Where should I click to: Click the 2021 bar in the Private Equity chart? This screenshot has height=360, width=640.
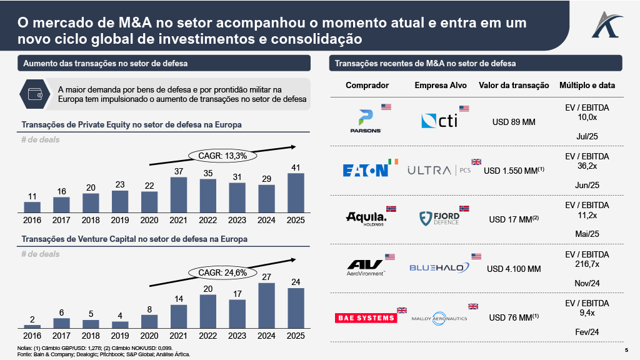coord(179,194)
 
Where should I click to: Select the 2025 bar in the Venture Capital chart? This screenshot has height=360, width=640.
coord(296,307)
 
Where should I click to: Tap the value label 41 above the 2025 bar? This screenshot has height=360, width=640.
coord(296,167)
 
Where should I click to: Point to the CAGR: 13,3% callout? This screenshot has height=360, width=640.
coord(218,155)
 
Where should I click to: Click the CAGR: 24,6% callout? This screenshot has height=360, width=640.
coord(218,272)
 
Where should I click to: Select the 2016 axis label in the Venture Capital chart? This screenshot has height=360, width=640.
coord(32,336)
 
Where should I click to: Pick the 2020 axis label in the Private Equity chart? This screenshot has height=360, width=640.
coord(149,219)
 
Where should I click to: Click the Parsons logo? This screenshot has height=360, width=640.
coord(366,121)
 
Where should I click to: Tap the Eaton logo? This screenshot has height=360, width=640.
coord(366,170)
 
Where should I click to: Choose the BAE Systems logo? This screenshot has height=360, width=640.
coord(366,317)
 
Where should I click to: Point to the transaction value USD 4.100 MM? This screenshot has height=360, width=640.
coord(513,269)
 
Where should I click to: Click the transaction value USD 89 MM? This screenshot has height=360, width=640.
coord(513,122)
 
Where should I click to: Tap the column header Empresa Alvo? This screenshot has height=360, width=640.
coord(440,85)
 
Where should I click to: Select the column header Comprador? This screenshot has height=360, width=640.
coord(367,85)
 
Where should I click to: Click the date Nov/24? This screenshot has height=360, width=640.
coord(586,283)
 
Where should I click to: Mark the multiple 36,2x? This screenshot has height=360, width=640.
coord(586,166)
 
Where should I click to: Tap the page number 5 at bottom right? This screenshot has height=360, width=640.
coord(627,350)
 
